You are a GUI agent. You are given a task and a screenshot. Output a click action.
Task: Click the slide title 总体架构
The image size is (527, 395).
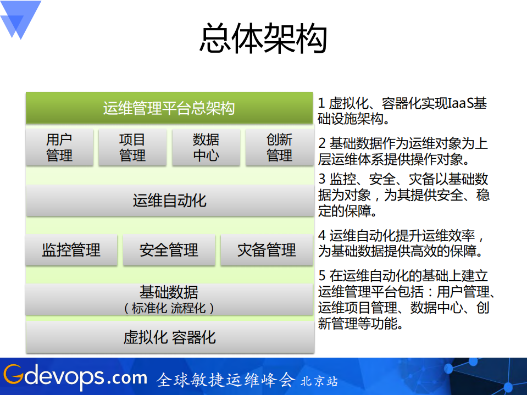[263, 38]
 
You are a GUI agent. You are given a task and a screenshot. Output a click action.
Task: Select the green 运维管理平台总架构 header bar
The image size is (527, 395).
[169, 108]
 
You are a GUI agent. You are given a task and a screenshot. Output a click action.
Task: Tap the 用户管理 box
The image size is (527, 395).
[59, 147]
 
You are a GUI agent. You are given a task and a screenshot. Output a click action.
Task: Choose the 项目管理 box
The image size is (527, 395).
[132, 147]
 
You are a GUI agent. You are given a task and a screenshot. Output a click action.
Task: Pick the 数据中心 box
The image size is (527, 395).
[206, 147]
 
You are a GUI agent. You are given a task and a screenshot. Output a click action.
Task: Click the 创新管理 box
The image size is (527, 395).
[279, 147]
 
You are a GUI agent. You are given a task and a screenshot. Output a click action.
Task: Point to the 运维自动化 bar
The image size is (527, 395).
[169, 200]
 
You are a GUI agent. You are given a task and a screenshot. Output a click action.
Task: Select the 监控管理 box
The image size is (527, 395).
[71, 250]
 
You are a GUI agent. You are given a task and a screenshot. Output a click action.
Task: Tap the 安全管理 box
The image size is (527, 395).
[169, 250]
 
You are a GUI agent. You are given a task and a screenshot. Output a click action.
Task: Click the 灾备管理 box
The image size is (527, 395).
[267, 250]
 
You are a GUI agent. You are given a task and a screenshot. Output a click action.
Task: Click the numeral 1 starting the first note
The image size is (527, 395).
[321, 103]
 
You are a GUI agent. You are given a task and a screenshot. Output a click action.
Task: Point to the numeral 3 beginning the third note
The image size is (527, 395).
[322, 179]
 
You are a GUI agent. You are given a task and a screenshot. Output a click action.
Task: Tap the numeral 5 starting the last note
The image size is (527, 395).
[322, 276]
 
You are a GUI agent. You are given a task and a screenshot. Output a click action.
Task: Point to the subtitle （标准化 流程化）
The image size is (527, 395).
[169, 308]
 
